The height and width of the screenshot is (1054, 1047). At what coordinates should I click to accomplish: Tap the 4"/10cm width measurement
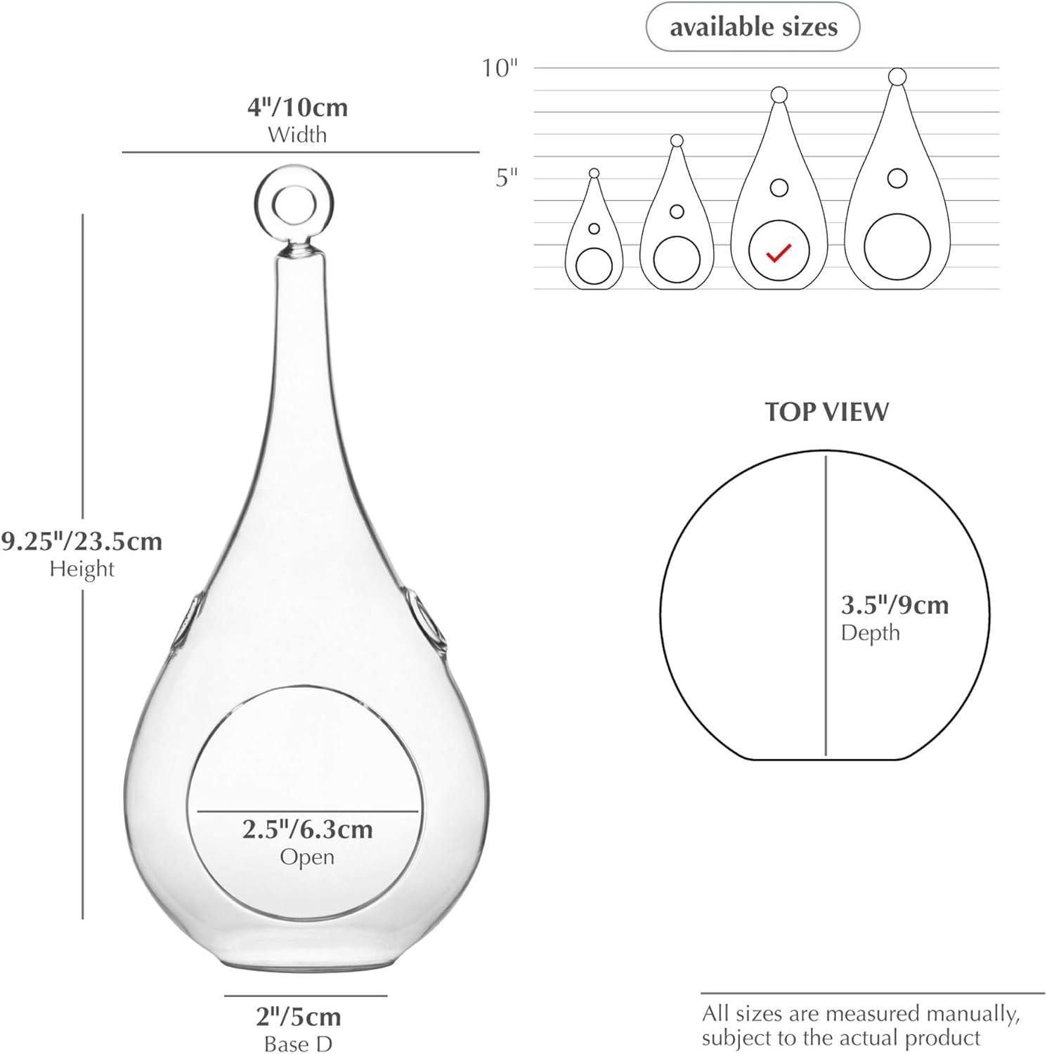[297, 108]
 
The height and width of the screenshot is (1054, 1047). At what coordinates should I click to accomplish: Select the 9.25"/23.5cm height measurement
[82, 542]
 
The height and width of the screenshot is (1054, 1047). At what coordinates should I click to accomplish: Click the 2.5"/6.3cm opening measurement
[307, 830]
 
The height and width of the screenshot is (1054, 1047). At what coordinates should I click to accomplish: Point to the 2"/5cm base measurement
[298, 1017]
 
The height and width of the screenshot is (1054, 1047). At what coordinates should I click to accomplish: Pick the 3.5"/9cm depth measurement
[895, 605]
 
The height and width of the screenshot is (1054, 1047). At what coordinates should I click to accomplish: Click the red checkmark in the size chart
[779, 252]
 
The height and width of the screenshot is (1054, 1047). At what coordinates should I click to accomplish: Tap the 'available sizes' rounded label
[753, 27]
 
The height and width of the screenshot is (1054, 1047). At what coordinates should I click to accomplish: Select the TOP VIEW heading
[826, 412]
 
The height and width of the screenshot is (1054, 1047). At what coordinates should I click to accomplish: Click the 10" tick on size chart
[500, 68]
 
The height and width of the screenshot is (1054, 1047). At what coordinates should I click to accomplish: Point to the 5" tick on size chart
[506, 178]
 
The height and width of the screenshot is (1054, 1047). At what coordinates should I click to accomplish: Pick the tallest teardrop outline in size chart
[897, 183]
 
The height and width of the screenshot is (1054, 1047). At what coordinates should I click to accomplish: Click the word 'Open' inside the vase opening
[307, 857]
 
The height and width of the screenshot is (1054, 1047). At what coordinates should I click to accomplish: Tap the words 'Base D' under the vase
[298, 1044]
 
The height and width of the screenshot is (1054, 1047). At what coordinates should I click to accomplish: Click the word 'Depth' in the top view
[870, 632]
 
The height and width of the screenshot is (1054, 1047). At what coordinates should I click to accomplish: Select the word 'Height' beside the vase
[82, 568]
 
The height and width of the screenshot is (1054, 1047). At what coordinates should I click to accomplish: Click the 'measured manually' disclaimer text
[860, 1025]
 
